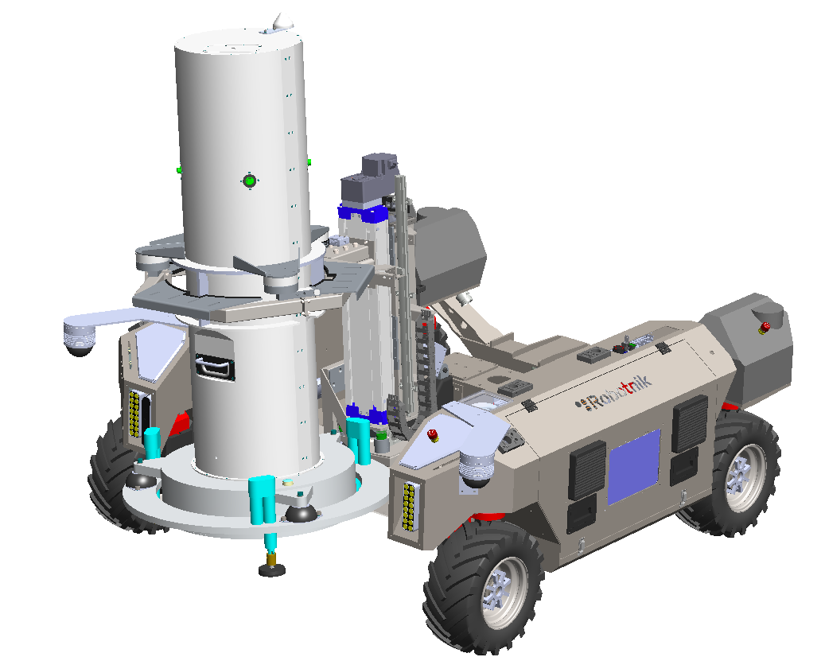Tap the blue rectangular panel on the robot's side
click(634, 466)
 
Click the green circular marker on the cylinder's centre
click(249, 181)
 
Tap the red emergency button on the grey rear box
click(765, 327)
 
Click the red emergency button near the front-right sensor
click(433, 435)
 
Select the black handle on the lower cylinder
click(214, 364)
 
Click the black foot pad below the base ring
click(272, 570)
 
